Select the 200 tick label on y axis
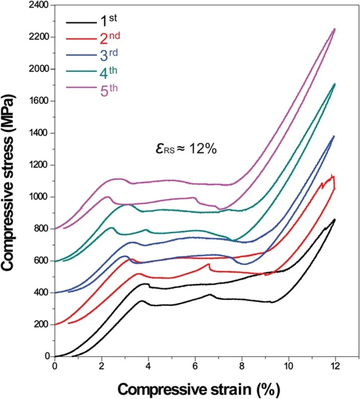click(41, 325)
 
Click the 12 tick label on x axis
click(335, 367)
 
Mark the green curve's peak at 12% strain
click(335, 84)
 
